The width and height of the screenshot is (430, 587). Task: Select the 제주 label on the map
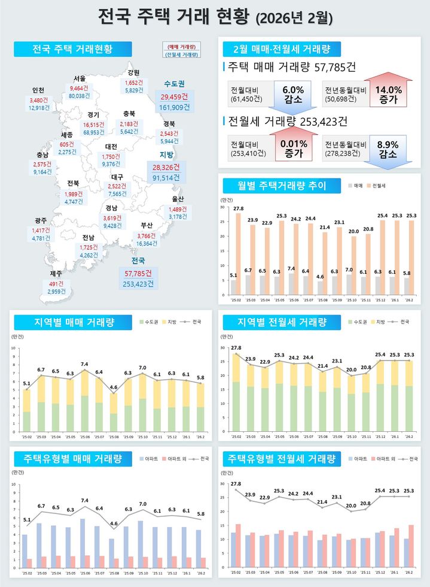(56, 274)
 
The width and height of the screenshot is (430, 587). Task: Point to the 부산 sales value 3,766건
(147, 235)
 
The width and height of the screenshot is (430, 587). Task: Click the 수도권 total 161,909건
(175, 108)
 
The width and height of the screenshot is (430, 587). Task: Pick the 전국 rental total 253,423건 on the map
(138, 283)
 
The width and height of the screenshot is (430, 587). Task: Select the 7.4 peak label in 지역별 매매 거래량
(84, 364)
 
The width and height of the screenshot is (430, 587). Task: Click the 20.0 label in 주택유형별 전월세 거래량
(351, 506)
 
